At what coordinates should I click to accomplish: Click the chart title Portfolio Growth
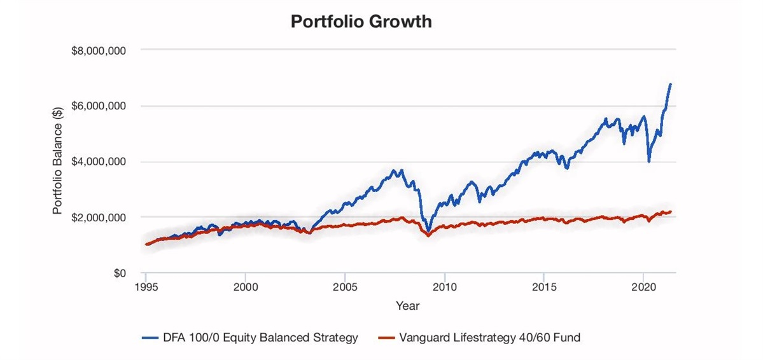coord(361,22)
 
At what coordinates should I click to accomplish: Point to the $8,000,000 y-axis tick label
coord(99,50)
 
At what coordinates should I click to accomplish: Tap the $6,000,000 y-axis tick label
coord(99,106)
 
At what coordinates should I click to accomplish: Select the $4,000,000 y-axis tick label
coord(99,162)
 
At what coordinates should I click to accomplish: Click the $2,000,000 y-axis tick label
coord(99,218)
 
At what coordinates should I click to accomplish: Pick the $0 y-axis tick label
coord(119,273)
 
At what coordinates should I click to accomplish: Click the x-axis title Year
coord(407,306)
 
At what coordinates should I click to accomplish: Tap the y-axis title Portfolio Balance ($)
coord(57,162)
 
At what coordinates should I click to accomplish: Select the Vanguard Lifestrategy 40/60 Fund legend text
coord(489,338)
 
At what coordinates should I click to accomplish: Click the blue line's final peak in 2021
coord(670,84)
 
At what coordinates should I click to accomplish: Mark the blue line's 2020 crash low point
coord(649,161)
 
